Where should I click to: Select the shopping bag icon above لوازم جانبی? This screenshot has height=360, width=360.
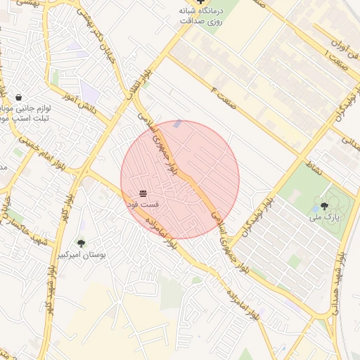click(18, 97)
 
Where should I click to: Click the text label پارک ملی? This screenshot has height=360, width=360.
click(324, 218)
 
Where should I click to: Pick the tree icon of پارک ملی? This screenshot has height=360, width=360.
click(324, 206)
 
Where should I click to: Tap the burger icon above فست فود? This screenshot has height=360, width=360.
click(143, 193)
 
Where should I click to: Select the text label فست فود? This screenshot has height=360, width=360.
click(143, 204)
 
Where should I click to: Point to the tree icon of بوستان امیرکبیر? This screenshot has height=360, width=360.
click(81, 244)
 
